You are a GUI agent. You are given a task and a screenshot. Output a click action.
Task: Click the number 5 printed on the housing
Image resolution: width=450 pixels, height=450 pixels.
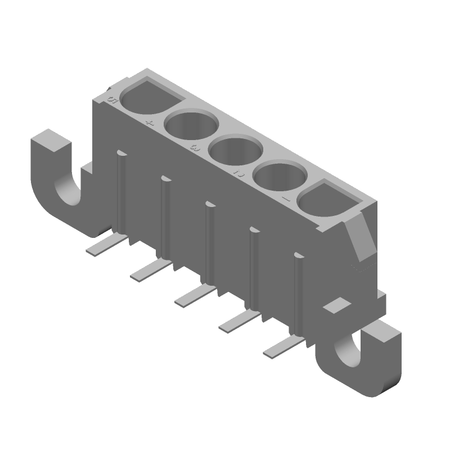point(111,101)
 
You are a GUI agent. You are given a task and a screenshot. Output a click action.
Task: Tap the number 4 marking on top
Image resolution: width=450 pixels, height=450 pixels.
point(149,123)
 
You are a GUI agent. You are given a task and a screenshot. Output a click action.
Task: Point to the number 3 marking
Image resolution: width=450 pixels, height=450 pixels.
point(194,148)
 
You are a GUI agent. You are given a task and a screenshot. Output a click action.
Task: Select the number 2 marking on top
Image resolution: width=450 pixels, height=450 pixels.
point(238,173)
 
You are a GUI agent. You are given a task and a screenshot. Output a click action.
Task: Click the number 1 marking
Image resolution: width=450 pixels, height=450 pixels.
point(285,199)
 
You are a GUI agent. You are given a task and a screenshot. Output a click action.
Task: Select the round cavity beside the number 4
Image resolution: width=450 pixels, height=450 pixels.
point(191,126)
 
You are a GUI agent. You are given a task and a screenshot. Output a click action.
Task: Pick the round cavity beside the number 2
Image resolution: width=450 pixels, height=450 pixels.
point(281,177)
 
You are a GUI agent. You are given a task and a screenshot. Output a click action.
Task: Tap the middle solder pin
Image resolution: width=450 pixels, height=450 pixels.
point(196,295)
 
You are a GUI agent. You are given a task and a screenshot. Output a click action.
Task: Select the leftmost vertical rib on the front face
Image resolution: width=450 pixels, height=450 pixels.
point(121,191)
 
